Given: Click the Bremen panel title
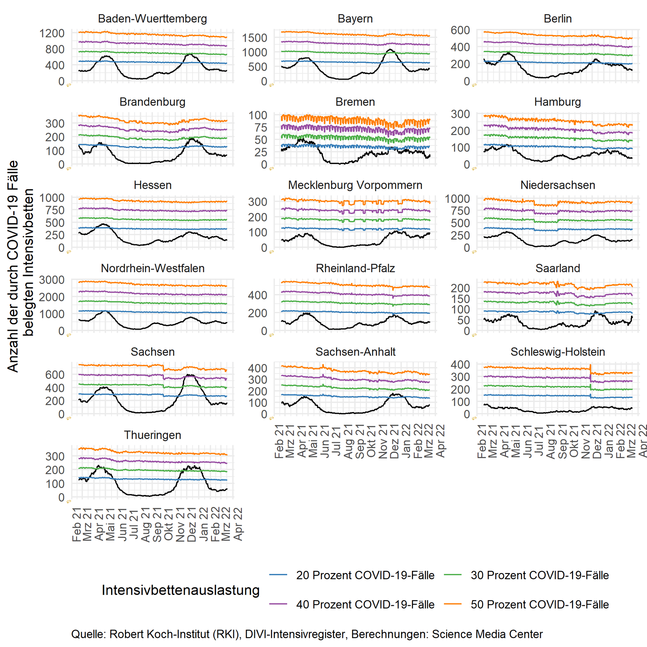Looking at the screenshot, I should (x=355, y=102).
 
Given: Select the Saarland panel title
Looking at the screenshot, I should (x=558, y=268).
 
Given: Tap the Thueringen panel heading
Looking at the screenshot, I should (x=152, y=435).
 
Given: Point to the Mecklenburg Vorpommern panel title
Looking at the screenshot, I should (x=355, y=185).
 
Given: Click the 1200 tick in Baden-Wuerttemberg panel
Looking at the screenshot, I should (x=52, y=33).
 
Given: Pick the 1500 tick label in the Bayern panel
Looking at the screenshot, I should (x=255, y=38).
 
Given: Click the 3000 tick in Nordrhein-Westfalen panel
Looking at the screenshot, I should (x=52, y=280).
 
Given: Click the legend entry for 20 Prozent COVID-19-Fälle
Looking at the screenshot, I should (x=365, y=575).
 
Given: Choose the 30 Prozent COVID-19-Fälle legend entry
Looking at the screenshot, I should (x=540, y=575).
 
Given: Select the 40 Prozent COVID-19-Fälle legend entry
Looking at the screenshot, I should (x=365, y=604).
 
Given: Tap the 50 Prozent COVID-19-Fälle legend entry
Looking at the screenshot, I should (x=540, y=604).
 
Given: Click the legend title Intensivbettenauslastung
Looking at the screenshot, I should (x=181, y=590).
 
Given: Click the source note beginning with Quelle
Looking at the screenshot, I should (x=307, y=634).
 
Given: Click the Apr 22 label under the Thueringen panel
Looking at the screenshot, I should (x=238, y=524).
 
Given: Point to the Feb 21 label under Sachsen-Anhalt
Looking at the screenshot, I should (x=279, y=441).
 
